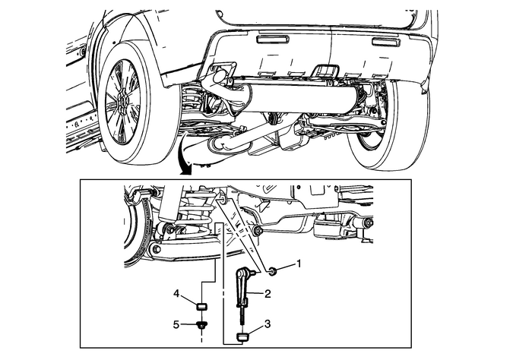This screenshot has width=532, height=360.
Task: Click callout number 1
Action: coord(299,265)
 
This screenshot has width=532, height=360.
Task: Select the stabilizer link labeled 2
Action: coord(246,288)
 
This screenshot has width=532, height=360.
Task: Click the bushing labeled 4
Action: coord(202,307)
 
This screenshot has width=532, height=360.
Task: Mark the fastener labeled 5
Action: coord(202,325)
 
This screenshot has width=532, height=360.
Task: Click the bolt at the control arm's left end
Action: coord(157,248)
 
